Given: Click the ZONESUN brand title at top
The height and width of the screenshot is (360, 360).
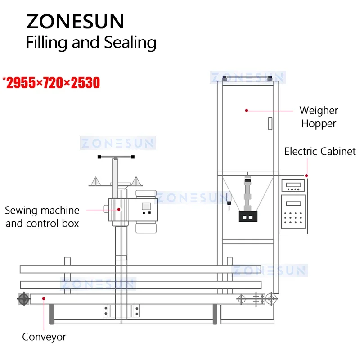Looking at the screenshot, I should point(75,21).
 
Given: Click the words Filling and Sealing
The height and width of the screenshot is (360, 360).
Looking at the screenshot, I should point(91,43).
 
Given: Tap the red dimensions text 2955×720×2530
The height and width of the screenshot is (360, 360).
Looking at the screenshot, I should point(51,83).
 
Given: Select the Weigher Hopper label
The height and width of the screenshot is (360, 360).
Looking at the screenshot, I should point(319,117).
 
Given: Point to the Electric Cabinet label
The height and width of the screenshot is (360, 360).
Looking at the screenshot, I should point(320,151).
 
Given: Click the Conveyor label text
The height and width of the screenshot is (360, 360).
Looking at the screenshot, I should point(44,337).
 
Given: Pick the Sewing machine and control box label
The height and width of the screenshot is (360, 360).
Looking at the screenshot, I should point(42,216).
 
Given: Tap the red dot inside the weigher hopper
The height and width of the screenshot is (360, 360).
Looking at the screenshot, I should point(247,110).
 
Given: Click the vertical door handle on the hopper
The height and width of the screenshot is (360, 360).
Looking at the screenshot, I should point(270,123).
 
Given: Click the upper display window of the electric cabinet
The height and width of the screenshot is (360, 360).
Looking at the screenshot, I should point(292,185).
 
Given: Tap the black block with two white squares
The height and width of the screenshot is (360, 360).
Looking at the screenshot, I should point(248,216).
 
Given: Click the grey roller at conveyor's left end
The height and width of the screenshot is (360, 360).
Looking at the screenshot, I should point(24,298).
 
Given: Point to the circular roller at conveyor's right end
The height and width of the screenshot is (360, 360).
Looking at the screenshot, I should point(271,298).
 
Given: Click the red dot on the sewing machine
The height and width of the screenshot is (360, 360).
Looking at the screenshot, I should point(120,209).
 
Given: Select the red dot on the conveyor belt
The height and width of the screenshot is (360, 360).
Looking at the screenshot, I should point(44,297).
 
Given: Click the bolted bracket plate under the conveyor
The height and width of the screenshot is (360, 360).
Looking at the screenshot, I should point(121,310).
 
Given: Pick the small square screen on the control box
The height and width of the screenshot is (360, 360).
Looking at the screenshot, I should point(146,207).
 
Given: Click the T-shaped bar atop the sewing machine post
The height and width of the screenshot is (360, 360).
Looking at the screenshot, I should point(117,157).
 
